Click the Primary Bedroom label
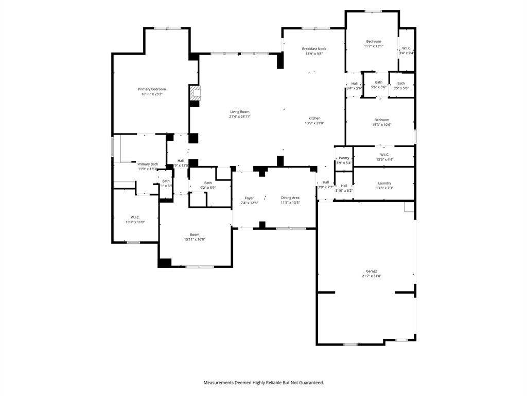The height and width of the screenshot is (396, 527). pos(152,89)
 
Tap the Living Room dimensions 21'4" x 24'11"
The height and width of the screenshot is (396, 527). pos(240,117)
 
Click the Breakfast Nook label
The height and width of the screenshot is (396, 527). pos(314,49)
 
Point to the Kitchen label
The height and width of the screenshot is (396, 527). pos(314,118)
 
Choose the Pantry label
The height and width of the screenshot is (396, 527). pos(344,158)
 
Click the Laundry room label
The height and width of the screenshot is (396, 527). pos(384,183)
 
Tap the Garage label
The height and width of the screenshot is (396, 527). pos(372,271)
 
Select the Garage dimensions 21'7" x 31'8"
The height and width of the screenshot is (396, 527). pos(372,276)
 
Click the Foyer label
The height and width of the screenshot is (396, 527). pos(249,198)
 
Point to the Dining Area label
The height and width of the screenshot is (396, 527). pos(290,197)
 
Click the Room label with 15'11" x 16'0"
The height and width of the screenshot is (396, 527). pos(195,235)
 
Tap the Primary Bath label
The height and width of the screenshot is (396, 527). pos(148,164)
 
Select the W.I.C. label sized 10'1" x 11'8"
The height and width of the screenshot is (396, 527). pos(135,217)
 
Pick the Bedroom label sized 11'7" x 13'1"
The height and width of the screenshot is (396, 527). pos(374,41)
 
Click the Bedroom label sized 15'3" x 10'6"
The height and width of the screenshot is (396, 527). pos(382,120)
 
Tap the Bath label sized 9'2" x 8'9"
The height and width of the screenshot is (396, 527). pos(208,183)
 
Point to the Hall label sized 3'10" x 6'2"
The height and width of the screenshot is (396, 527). pos(344,186)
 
